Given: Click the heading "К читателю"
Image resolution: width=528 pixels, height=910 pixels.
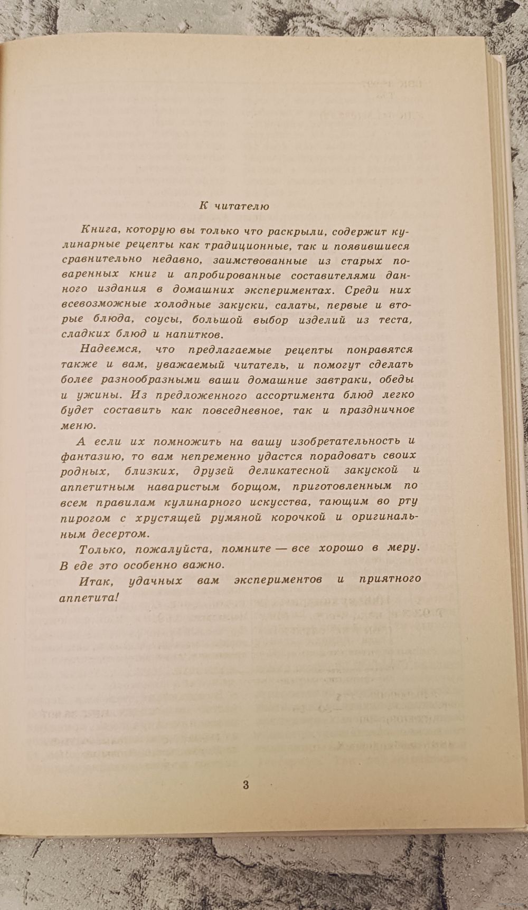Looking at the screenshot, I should click(234, 206).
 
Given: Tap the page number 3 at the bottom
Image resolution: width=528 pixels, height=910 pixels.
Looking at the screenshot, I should click(245, 784).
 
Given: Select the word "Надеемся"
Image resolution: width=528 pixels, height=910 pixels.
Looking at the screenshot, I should click(108, 350).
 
